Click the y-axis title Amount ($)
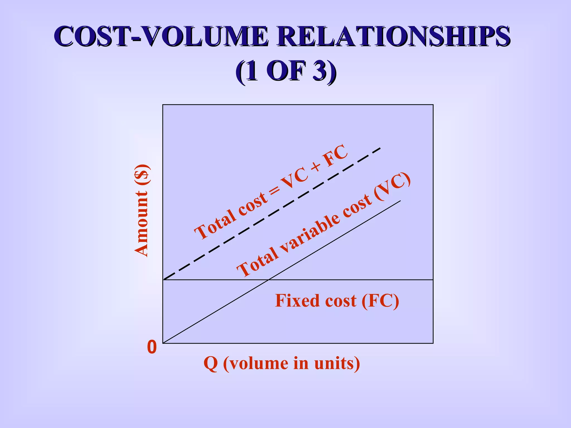coord(142,210)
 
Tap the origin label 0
coord(152,347)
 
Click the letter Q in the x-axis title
coord(211,364)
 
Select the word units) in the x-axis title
coord(337,364)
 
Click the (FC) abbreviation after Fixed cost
coord(380,301)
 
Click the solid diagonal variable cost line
coord(335,240)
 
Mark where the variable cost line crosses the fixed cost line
coord(268,279)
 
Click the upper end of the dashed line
coord(380,148)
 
